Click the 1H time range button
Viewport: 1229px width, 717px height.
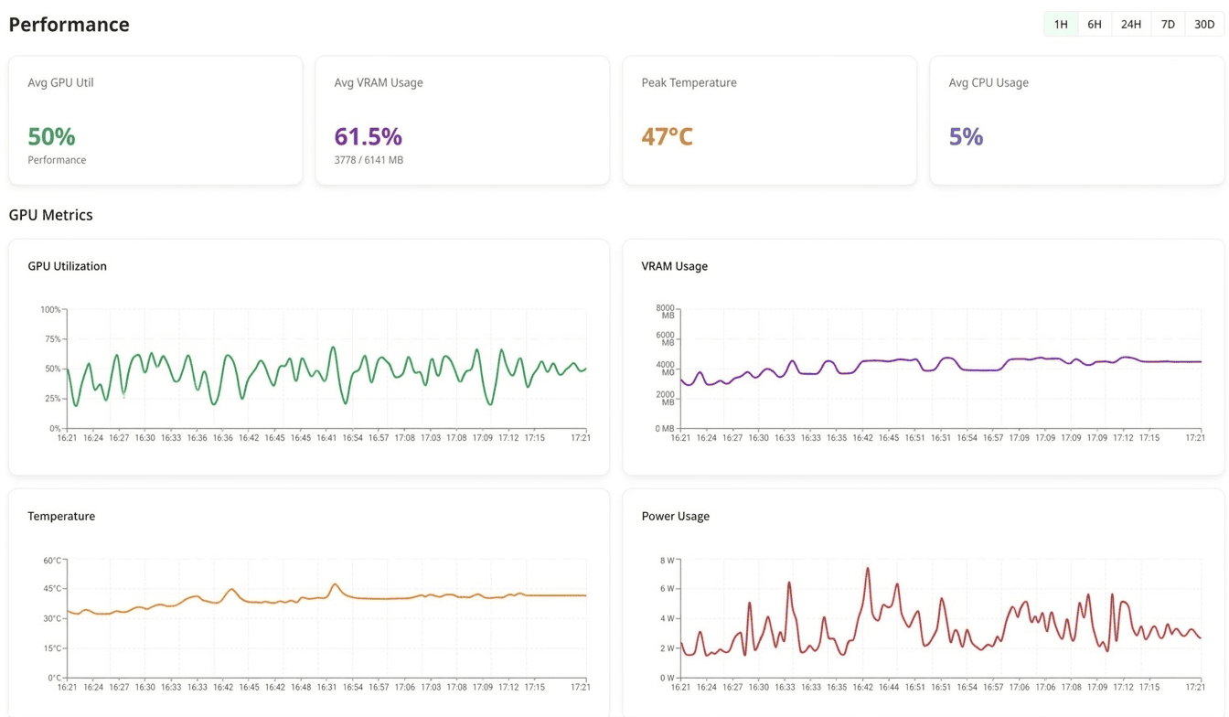pyautogui.click(x=1061, y=25)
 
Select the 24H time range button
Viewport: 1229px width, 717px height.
pyautogui.click(x=1131, y=25)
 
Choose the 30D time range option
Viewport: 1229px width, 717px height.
pyautogui.click(x=1204, y=25)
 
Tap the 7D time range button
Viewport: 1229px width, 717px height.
pyautogui.click(x=1168, y=25)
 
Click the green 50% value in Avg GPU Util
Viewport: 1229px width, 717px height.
pyautogui.click(x=51, y=136)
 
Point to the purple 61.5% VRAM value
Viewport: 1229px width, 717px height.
pyautogui.click(x=368, y=136)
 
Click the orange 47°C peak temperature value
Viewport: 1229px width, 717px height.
pyautogui.click(x=667, y=136)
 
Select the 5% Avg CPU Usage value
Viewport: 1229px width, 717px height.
pyautogui.click(x=966, y=136)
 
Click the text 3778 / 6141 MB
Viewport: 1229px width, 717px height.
pyautogui.click(x=369, y=160)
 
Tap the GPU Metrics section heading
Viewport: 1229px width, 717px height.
pyautogui.click(x=50, y=215)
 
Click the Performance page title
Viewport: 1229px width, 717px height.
pyautogui.click(x=69, y=25)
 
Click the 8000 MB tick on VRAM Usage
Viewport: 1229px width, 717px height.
pyautogui.click(x=665, y=311)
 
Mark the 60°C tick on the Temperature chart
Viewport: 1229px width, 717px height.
pyautogui.click(x=52, y=561)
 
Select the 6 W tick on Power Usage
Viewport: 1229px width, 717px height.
pyautogui.click(x=667, y=589)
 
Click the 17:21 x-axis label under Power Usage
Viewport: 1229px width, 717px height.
pyautogui.click(x=1194, y=687)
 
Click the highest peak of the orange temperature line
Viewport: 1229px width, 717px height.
pyautogui.click(x=336, y=584)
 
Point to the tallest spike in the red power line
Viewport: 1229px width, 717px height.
pyautogui.click(x=867, y=569)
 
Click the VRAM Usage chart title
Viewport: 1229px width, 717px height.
pyautogui.click(x=674, y=266)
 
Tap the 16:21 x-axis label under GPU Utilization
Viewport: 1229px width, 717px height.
pyautogui.click(x=68, y=438)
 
